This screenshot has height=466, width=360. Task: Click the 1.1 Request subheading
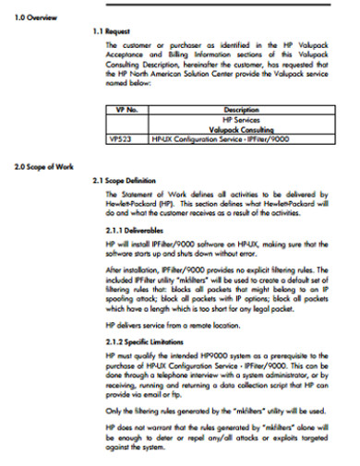[x=117, y=31]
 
